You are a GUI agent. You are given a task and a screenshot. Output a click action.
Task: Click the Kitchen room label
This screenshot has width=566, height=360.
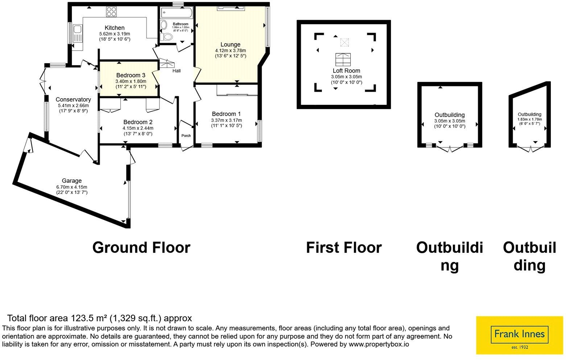pyautogui.click(x=115, y=28)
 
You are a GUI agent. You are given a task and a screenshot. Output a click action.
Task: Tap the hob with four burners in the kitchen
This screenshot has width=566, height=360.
pyautogui.click(x=111, y=12)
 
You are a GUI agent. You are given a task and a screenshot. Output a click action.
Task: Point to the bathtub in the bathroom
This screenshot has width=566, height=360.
pyautogui.click(x=177, y=12)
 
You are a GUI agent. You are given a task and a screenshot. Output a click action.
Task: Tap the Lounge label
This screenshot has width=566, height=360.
pyautogui.click(x=230, y=45)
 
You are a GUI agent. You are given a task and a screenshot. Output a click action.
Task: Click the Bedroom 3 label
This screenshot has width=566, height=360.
pyautogui.click(x=131, y=75)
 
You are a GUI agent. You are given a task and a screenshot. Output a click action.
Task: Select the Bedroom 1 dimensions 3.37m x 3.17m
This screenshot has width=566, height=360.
pyautogui.click(x=226, y=120)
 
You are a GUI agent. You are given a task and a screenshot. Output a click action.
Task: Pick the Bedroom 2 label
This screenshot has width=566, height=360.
pyautogui.click(x=138, y=122)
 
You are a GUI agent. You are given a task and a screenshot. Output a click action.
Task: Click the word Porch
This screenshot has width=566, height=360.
pyautogui.click(x=186, y=136)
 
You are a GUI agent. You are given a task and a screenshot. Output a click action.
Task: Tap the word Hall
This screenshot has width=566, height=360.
pyautogui.click(x=176, y=71)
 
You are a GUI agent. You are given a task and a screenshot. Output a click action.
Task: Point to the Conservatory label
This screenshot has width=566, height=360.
pyautogui.click(x=73, y=100)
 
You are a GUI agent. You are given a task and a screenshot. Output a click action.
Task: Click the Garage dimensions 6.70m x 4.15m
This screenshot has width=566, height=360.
pyautogui.click(x=72, y=187)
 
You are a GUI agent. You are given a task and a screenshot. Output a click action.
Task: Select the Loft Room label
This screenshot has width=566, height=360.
pyautogui.click(x=346, y=71)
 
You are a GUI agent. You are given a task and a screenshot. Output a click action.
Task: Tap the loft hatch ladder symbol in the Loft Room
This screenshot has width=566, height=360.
pyautogui.click(x=343, y=59)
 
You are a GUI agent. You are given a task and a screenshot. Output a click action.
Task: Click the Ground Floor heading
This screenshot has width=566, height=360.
pyautogui.click(x=141, y=248)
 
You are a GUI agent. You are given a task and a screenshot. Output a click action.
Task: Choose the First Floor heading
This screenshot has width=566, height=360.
pyautogui.click(x=344, y=248)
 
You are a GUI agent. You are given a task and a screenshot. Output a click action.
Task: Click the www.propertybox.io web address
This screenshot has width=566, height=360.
pyautogui.click(x=379, y=344)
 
